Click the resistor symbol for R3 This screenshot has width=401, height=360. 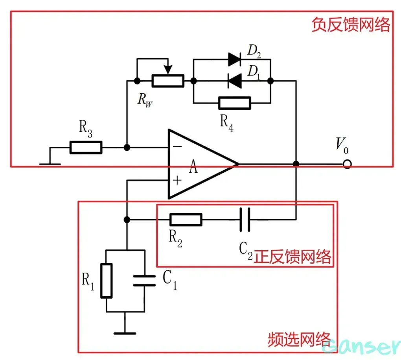(86, 148)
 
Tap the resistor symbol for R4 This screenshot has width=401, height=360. (234, 103)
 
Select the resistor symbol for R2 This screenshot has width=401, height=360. (186, 220)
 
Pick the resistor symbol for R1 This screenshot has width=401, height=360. (107, 281)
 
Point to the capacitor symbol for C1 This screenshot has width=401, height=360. (144, 281)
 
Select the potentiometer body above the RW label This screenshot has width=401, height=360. (168, 81)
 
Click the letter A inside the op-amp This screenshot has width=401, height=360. (193, 168)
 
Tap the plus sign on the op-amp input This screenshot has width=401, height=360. (177, 181)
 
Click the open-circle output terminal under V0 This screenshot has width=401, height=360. (347, 164)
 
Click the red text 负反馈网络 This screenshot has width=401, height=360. (350, 25)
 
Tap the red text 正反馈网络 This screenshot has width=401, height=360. (292, 257)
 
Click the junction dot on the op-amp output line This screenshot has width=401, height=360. (296, 164)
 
